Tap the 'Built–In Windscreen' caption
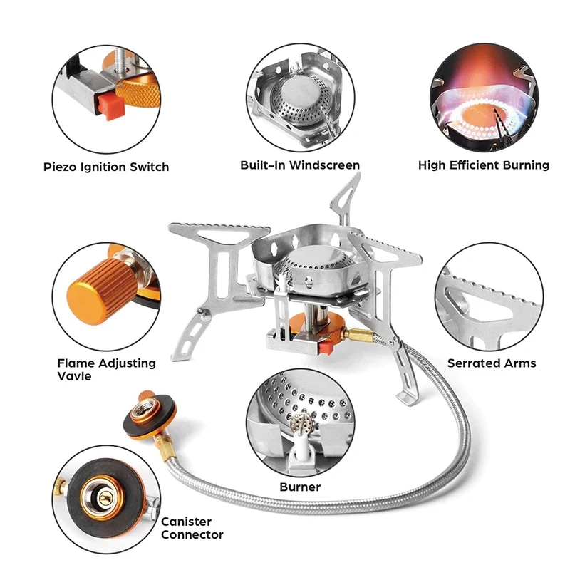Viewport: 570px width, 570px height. pos(300,165)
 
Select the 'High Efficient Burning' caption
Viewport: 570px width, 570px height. pos(484,165)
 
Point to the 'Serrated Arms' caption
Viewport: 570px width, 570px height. pos(492,363)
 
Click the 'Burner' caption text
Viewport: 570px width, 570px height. pos(300,487)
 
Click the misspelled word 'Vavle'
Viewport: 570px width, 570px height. pos(74,376)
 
